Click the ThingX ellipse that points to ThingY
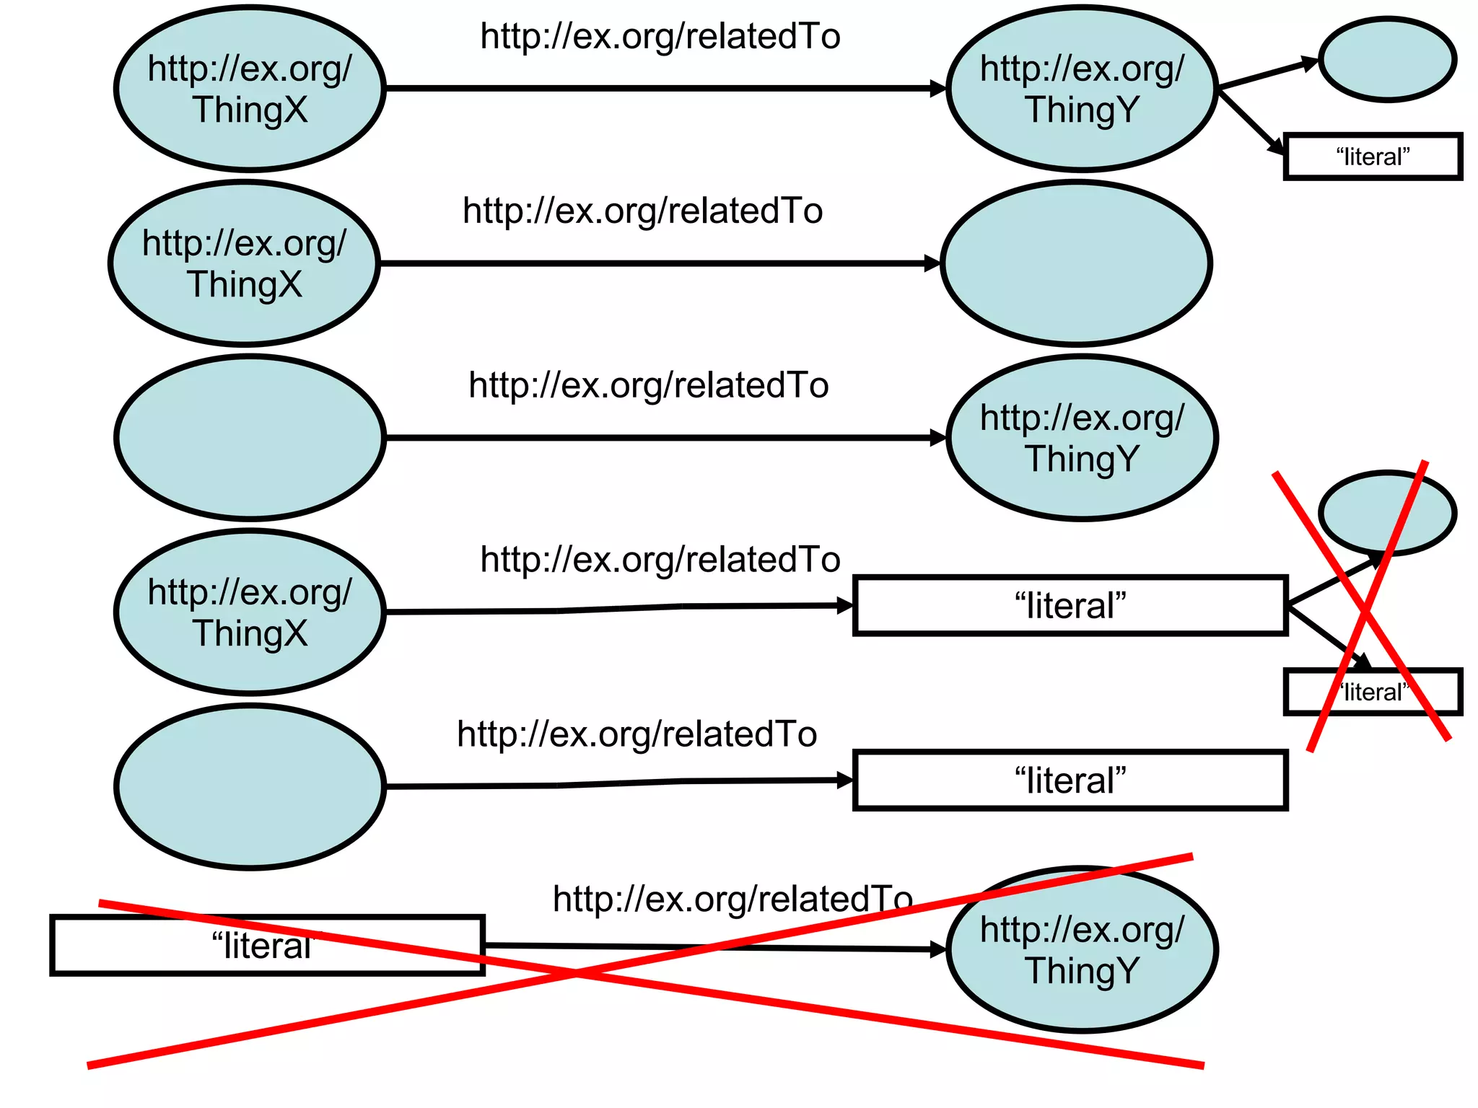250,89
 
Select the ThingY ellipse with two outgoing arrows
1082,89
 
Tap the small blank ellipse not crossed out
1387,59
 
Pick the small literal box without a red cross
1373,157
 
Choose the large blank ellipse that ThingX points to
1076,263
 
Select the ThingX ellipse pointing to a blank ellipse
244,263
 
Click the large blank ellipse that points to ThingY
250,438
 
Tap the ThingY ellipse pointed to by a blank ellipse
1082,438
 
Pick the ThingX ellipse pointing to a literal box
250,612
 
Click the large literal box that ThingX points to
1070,606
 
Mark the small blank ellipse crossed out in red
1387,513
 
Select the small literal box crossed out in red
1373,692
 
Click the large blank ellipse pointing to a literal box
250,786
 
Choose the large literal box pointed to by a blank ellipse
1070,781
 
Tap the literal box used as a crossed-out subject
267,946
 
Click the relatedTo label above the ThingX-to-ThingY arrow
660,36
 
